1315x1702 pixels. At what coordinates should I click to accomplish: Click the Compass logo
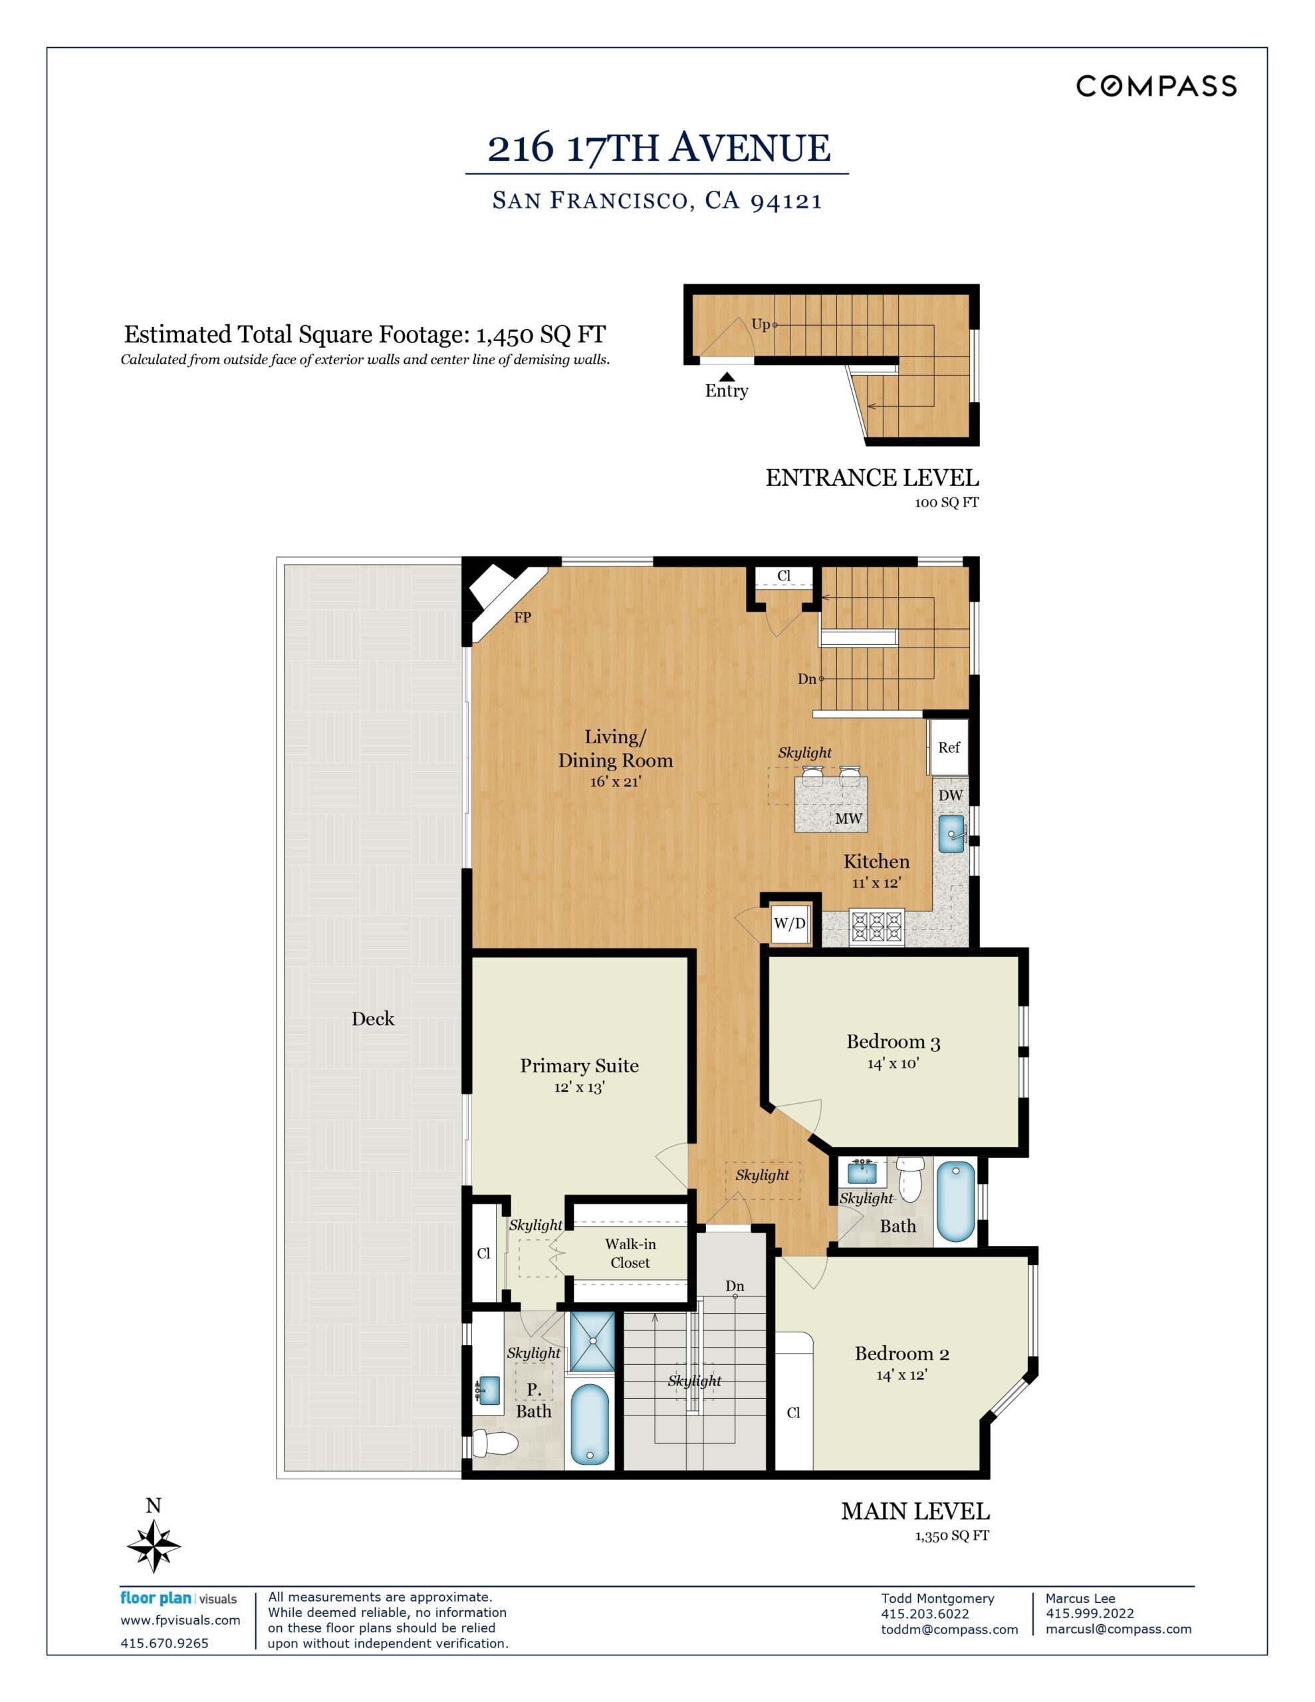pos(1156,86)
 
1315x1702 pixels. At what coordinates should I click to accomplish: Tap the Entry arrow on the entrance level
pos(726,376)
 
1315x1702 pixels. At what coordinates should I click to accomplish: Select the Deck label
pos(372,1019)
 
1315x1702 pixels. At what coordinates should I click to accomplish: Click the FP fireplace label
pos(523,617)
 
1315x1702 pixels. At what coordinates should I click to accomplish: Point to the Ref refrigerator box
pos(949,747)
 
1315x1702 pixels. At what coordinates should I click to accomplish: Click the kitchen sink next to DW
pos(951,834)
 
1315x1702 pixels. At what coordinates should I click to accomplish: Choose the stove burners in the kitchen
pos(876,927)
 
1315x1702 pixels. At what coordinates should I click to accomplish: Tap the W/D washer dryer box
pos(790,923)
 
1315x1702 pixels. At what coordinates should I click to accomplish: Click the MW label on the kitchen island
pos(848,818)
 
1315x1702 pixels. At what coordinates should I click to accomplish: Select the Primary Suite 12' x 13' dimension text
pos(579,1087)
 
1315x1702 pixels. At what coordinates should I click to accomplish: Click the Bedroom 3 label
pos(894,1041)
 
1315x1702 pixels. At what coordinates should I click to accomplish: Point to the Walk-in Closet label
pos(630,1253)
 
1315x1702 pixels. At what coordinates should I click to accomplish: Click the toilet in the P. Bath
pos(495,1443)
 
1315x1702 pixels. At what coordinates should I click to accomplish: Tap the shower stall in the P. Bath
pos(592,1341)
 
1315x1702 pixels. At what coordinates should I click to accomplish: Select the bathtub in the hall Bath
pos(955,1201)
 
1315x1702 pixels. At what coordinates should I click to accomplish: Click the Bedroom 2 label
pos(902,1353)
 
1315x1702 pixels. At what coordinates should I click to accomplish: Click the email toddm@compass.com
pos(949,1630)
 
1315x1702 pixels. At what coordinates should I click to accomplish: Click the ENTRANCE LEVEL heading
pos(872,478)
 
